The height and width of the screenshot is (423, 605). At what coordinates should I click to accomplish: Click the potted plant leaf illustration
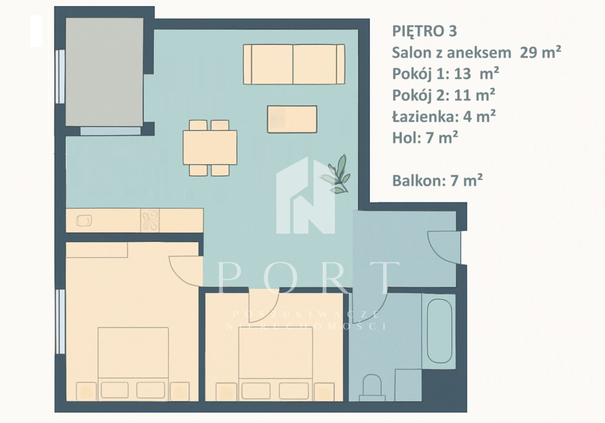(336, 175)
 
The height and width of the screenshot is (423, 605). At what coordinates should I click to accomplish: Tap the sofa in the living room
(294, 65)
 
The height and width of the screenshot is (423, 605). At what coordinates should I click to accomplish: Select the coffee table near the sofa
(292, 119)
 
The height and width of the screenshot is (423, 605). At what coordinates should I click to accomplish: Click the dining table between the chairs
(210, 147)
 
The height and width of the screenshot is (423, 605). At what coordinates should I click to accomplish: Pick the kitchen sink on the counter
(84, 220)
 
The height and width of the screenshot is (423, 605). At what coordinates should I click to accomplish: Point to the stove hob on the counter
(150, 221)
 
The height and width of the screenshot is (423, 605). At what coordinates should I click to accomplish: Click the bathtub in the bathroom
(440, 331)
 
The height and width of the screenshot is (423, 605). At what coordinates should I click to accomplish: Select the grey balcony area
(104, 72)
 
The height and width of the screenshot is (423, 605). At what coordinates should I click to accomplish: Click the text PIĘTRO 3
(425, 31)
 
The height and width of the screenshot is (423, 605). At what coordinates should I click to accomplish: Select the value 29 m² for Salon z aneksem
(540, 52)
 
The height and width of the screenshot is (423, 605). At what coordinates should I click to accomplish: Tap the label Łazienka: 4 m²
(444, 117)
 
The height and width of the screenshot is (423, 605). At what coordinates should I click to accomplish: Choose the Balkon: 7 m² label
(437, 180)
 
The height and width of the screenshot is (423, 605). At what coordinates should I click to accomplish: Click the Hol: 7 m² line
(425, 138)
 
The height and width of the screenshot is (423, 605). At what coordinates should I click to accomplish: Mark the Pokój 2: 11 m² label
(444, 95)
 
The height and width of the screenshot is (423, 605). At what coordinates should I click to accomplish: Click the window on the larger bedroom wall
(60, 322)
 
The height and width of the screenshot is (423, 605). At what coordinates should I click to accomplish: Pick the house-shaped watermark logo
(305, 195)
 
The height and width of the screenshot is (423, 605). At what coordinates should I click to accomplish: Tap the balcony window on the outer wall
(60, 77)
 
